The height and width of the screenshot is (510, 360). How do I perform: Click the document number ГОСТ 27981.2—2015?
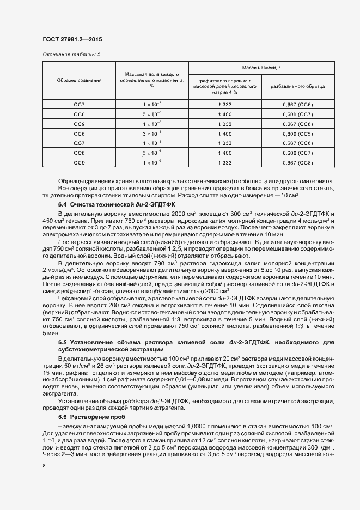(72, 40)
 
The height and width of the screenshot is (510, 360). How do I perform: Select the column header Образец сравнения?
(79, 80)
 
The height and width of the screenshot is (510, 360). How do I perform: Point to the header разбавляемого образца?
(298, 86)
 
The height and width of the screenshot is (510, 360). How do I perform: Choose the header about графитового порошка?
(224, 86)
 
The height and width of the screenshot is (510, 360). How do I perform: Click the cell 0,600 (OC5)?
(298, 133)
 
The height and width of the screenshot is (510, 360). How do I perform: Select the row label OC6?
(79, 133)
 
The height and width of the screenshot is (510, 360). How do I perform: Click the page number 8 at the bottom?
(44, 465)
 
